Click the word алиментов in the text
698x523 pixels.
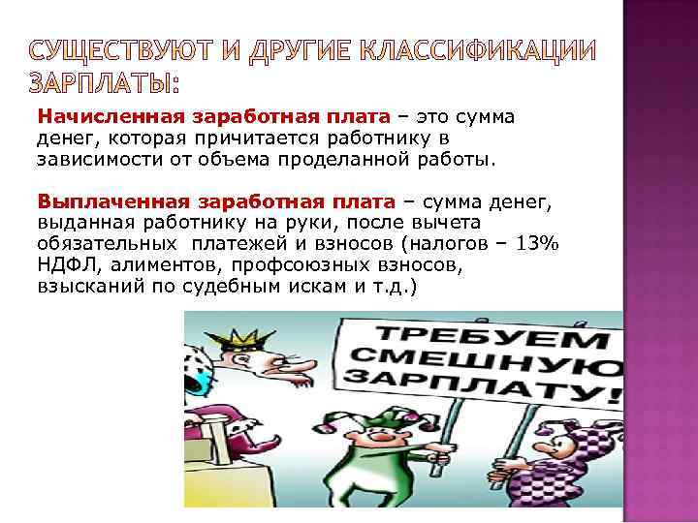point(163,266)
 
